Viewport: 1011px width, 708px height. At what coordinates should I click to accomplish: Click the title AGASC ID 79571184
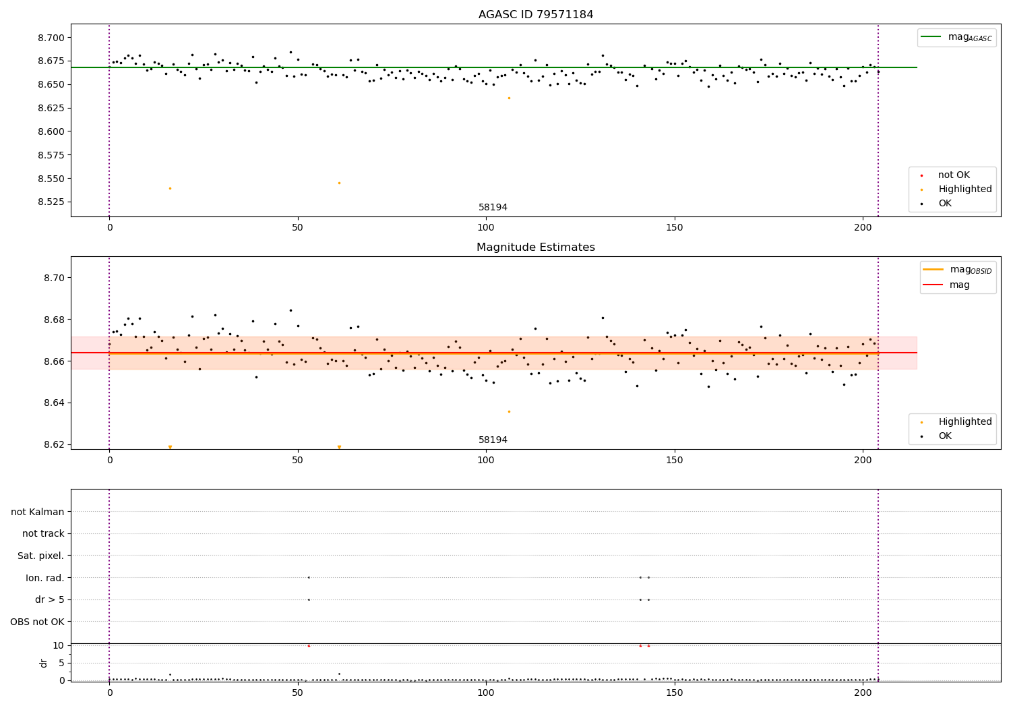[x=536, y=15]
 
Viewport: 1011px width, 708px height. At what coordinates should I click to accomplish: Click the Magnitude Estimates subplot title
[x=536, y=247]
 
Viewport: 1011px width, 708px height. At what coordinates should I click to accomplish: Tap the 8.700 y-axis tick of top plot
[x=52, y=38]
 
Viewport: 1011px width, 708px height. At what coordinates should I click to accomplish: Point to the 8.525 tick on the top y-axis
[x=52, y=202]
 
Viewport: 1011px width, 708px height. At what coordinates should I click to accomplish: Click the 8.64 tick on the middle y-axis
[x=55, y=403]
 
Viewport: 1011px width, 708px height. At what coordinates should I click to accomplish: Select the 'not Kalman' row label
[x=38, y=512]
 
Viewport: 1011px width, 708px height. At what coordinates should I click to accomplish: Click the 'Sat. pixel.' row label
[x=41, y=556]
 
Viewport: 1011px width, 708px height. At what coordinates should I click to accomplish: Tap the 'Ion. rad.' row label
[x=45, y=578]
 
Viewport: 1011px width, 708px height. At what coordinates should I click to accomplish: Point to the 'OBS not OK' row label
[x=38, y=622]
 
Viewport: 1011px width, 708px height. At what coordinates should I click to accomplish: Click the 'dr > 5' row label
[x=50, y=599]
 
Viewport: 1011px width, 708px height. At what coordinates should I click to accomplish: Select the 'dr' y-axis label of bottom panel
[x=44, y=663]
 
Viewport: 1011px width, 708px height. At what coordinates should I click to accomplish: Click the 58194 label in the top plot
[x=493, y=208]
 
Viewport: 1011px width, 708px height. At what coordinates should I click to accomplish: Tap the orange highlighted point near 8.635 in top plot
[x=509, y=98]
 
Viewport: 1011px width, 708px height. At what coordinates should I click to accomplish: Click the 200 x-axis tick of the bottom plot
[x=863, y=693]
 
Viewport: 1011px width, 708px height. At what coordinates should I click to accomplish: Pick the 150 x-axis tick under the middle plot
[x=674, y=461]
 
